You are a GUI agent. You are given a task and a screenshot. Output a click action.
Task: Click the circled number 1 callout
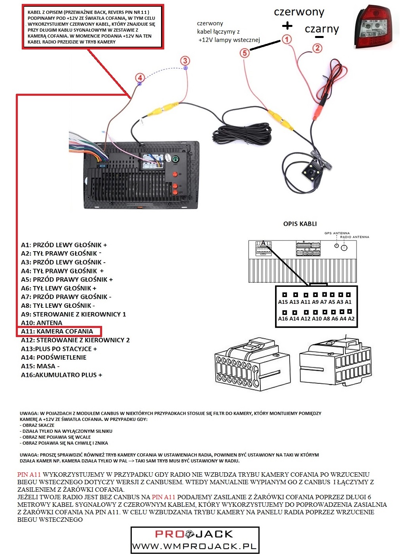pyautogui.click(x=286, y=39)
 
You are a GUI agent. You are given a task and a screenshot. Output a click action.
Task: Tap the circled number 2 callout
pyautogui.click(x=317, y=48)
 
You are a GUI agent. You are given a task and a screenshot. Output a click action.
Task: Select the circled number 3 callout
pyautogui.click(x=185, y=61)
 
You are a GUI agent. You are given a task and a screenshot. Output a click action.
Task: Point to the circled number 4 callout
pyautogui.click(x=139, y=78)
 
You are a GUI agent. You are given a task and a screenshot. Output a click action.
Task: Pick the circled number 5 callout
pyautogui.click(x=245, y=53)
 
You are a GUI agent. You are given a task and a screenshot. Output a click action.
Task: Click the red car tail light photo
pyautogui.click(x=378, y=28)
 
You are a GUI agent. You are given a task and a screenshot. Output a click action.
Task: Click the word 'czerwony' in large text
pyautogui.click(x=299, y=12)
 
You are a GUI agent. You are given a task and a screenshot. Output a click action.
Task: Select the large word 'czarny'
pyautogui.click(x=322, y=29)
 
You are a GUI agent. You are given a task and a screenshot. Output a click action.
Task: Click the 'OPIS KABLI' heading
pyautogui.click(x=300, y=224)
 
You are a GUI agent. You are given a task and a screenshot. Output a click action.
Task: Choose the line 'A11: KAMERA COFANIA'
pyautogui.click(x=57, y=332)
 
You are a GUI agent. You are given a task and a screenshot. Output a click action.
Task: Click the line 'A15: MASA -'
pyautogui.click(x=40, y=366)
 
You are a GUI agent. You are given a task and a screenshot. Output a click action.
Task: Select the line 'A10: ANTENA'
pyautogui.click(x=42, y=323)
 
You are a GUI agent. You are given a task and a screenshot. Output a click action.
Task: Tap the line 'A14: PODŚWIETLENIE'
pyautogui.click(x=54, y=358)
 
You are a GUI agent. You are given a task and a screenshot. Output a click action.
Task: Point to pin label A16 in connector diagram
pyautogui.click(x=283, y=319)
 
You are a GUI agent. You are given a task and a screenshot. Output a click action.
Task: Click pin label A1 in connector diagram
pyautogui.click(x=348, y=302)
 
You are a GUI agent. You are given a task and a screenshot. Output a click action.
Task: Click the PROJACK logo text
pyautogui.click(x=194, y=534)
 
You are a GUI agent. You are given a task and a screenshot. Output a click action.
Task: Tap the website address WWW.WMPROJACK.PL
pyautogui.click(x=194, y=547)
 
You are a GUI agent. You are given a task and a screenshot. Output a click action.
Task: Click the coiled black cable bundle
pyautogui.click(x=241, y=133)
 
